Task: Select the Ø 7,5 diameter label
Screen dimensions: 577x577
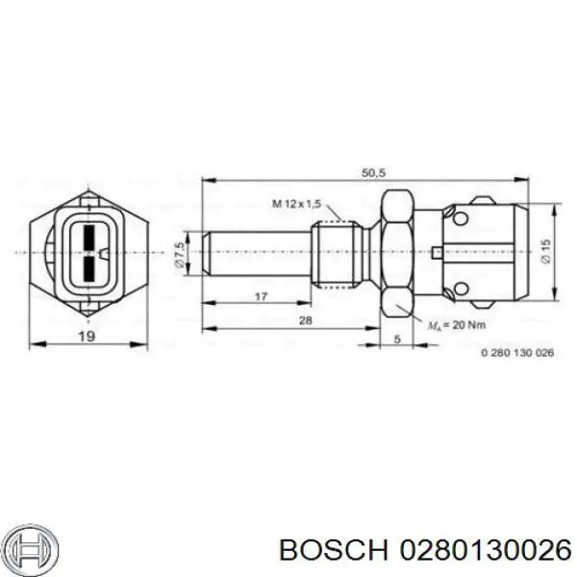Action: (x=180, y=253)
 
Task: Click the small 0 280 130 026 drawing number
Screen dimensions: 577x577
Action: (x=517, y=352)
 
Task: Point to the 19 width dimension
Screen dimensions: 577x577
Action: (x=87, y=336)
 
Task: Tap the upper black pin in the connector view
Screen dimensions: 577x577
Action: (x=86, y=237)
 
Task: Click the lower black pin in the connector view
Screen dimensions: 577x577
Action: (x=86, y=266)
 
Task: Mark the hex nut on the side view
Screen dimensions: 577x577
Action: (x=397, y=252)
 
